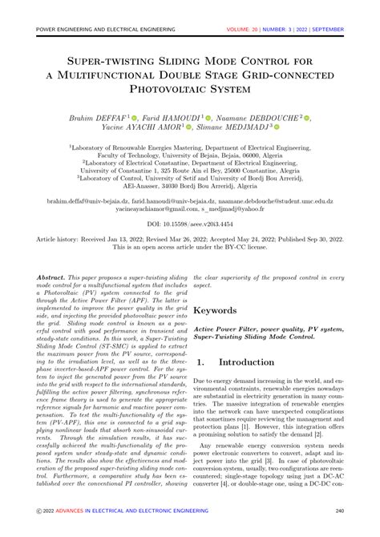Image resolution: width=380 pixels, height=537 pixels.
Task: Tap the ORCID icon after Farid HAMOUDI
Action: [212, 117]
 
